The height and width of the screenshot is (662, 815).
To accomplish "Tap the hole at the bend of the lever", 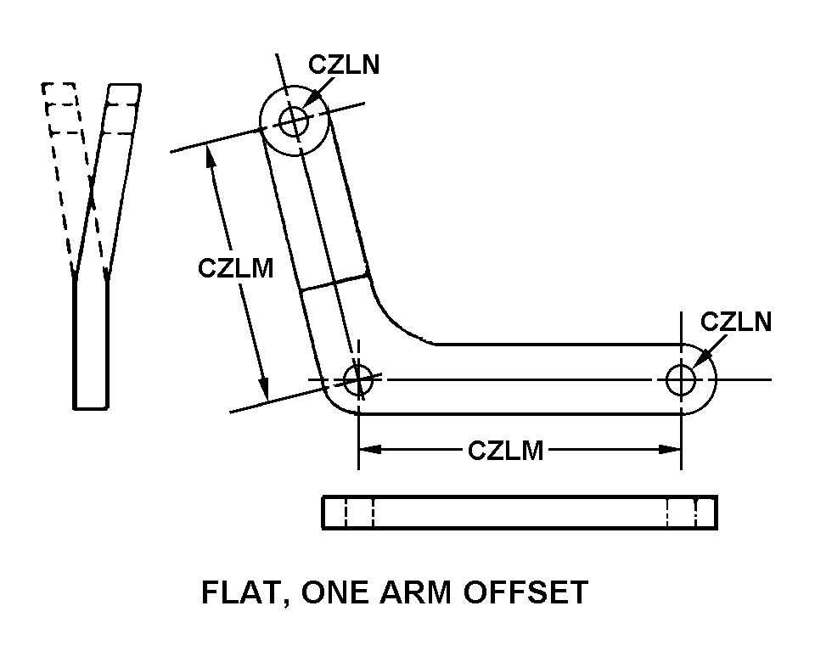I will (x=358, y=379).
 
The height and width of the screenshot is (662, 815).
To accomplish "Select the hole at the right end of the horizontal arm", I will (x=681, y=379).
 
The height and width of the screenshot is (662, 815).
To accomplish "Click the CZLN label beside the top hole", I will (x=344, y=65).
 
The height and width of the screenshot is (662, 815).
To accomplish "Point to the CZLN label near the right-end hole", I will (x=736, y=322).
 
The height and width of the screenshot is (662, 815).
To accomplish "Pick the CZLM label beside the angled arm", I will (x=236, y=268).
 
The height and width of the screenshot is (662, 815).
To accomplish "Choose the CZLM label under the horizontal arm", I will (x=505, y=450).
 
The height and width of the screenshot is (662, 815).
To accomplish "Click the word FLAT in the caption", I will (x=237, y=592).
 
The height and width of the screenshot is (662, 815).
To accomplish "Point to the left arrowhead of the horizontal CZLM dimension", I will (x=367, y=450).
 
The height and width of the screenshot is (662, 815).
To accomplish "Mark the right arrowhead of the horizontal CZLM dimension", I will (x=672, y=450).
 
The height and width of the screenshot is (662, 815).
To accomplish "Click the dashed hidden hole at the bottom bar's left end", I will (x=359, y=513).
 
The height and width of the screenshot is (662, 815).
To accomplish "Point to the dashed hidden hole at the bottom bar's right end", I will (x=682, y=513).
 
